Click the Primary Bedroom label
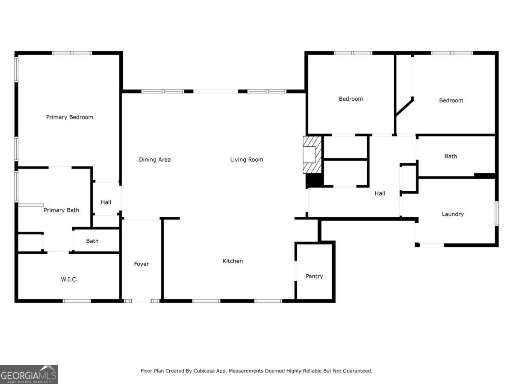click(70, 117)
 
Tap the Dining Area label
click(155, 160)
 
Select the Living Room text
click(247, 160)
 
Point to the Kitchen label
click(233, 261)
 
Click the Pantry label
click(314, 276)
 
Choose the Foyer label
click(142, 264)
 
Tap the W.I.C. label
click(69, 279)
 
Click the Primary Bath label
click(62, 210)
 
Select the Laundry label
click(453, 214)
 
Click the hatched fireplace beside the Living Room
click(312, 155)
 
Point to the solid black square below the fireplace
click(315, 180)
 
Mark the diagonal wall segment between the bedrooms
click(404, 107)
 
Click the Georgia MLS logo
click(29, 375)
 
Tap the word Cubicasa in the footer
click(204, 371)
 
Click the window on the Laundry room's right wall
click(497, 214)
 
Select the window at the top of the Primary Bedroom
click(72, 53)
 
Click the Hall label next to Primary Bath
click(106, 202)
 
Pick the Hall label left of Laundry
click(380, 193)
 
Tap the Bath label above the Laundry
click(451, 157)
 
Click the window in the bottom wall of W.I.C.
click(77, 301)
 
